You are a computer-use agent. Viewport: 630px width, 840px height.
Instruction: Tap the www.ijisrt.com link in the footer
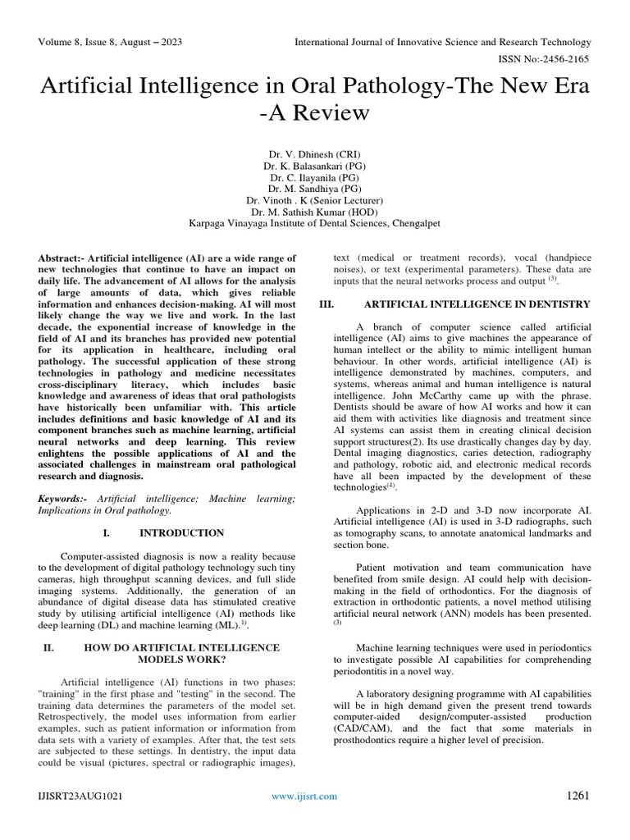(x=304, y=797)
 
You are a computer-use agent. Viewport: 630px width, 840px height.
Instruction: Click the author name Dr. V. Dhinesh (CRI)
(x=315, y=153)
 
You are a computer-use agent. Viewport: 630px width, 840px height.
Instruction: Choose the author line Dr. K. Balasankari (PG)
(x=315, y=165)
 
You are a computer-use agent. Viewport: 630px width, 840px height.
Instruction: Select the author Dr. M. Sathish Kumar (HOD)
(x=315, y=211)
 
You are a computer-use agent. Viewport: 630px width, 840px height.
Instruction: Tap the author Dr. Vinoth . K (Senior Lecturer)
(x=315, y=199)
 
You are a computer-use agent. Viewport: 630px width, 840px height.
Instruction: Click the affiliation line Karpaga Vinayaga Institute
(x=315, y=222)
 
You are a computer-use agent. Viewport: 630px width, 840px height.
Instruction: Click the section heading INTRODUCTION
(x=181, y=533)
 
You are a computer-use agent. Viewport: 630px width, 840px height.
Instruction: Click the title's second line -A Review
(x=315, y=112)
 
